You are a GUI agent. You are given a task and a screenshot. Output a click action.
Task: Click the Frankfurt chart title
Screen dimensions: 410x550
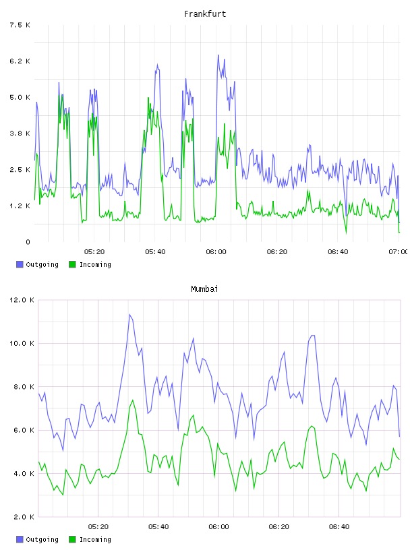[x=205, y=13]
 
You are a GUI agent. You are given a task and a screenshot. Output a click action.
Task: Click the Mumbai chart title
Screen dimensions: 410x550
[x=204, y=288]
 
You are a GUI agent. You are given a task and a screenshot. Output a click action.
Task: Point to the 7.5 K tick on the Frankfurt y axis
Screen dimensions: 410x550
[x=20, y=25]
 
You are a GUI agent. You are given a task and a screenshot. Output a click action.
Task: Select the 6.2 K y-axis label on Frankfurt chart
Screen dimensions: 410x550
[x=20, y=61]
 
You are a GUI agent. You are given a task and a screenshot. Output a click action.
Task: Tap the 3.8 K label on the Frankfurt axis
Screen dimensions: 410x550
[x=20, y=133]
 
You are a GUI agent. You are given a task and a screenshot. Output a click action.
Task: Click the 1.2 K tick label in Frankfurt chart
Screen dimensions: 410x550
[x=20, y=206]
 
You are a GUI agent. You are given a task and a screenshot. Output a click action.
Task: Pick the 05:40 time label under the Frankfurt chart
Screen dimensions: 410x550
[x=155, y=251]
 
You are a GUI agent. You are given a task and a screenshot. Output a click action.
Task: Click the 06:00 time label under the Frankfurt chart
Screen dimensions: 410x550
[x=216, y=251]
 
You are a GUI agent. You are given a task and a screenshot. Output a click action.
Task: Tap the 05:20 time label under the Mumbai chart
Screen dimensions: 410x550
[x=98, y=526]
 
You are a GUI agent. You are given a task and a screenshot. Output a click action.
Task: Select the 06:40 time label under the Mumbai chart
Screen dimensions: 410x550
[x=339, y=526]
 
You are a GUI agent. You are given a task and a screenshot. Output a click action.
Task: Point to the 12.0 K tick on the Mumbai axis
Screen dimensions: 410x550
[x=22, y=300]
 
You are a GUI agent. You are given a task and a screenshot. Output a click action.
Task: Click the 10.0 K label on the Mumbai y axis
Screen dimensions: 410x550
[x=22, y=343]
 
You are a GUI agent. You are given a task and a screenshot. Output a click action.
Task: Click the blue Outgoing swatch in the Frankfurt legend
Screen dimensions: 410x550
[x=20, y=264]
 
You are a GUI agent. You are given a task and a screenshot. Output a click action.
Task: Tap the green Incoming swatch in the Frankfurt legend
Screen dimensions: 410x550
[x=72, y=264]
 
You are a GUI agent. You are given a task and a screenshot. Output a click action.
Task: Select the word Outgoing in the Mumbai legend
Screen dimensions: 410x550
[x=42, y=539]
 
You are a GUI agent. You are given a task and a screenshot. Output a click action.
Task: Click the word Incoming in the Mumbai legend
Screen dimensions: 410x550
[x=95, y=539]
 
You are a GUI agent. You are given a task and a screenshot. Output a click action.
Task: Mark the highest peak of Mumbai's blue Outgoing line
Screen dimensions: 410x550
[x=129, y=314]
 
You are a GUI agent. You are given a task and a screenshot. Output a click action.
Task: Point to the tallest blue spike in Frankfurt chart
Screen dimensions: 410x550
[x=218, y=55]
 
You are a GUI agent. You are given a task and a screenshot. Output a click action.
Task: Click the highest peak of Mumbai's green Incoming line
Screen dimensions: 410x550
[x=133, y=400]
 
